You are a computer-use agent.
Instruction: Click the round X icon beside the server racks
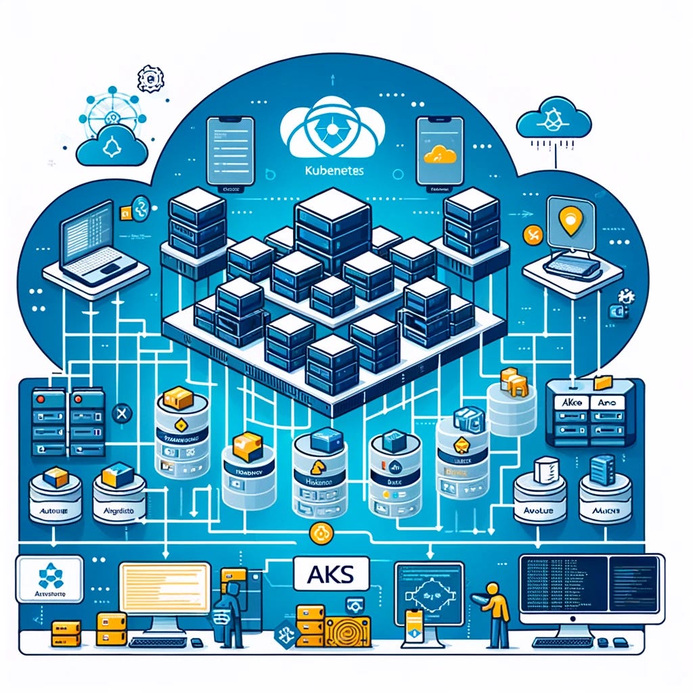[x=122, y=413]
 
